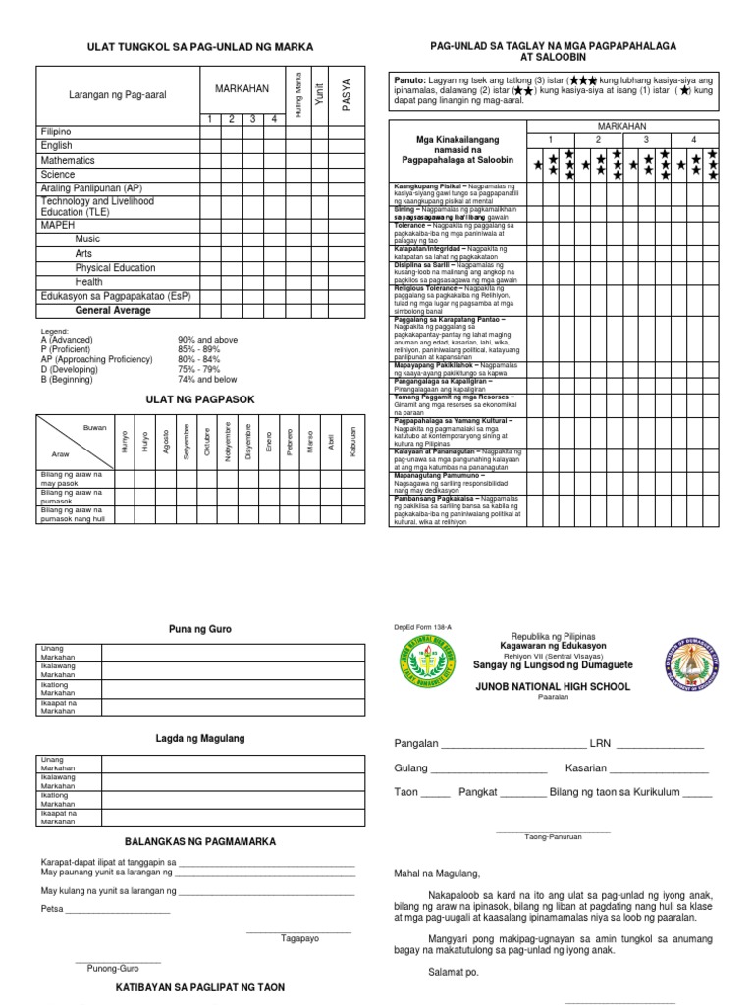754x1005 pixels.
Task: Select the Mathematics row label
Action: point(68,160)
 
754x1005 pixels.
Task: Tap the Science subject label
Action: point(58,174)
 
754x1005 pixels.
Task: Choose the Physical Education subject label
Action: point(115,267)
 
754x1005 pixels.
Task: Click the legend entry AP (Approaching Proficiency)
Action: point(96,359)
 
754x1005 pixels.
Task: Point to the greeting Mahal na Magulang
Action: point(437,873)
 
